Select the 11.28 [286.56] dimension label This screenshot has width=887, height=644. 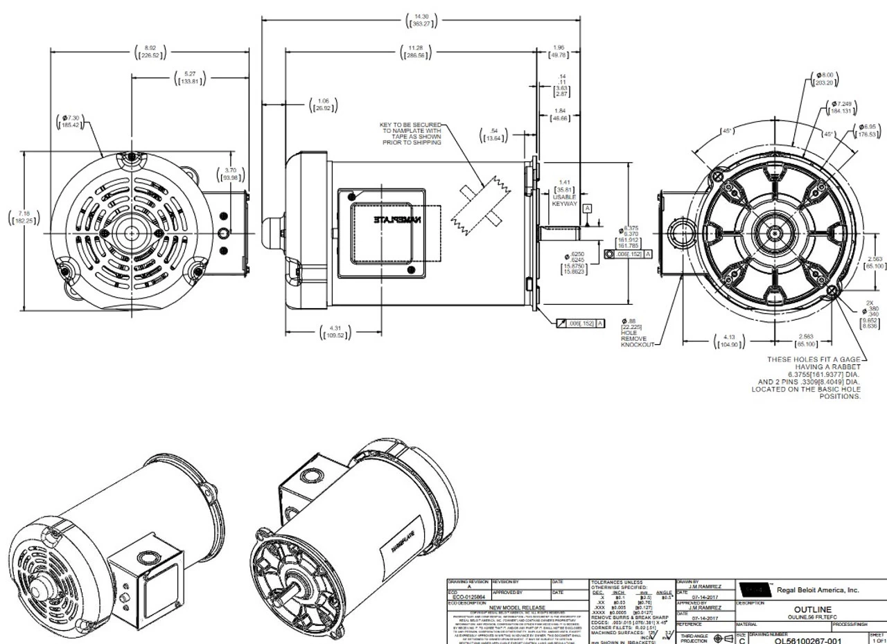tap(416, 52)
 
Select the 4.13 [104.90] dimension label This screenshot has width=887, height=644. tap(729, 342)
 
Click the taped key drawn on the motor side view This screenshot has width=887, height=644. tap(478, 204)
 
